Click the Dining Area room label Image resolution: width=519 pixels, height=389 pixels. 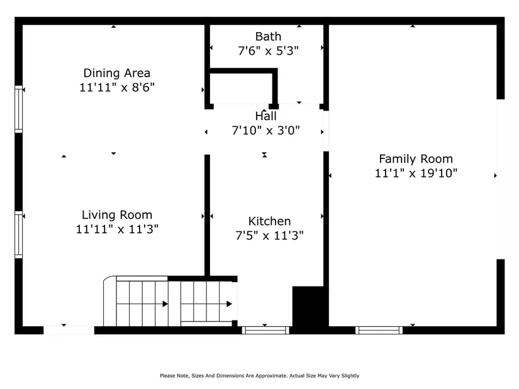[116, 73]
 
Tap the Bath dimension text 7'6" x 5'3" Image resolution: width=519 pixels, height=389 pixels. [268, 51]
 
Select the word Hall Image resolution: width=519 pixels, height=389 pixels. [265, 116]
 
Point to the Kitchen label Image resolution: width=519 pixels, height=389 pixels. [269, 221]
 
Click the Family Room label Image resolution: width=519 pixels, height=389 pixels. [416, 159]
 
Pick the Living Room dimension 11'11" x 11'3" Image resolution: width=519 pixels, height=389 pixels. [117, 229]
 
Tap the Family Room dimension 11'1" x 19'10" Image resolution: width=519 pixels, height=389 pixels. [416, 173]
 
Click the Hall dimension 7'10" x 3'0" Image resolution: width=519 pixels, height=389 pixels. [265, 130]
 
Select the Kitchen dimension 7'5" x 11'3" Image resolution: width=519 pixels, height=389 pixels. [269, 236]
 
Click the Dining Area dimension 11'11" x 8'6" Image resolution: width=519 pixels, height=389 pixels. [117, 87]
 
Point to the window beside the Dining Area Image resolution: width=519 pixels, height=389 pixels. [18, 109]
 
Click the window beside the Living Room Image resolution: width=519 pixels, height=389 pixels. [18, 234]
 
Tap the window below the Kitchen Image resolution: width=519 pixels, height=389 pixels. [265, 330]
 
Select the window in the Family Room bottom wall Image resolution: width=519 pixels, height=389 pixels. [379, 330]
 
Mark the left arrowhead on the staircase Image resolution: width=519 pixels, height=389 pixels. [165, 304]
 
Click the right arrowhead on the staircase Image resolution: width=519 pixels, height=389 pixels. [229, 304]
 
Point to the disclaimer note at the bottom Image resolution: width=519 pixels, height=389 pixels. [259, 376]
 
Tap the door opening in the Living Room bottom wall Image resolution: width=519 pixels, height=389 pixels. [69, 330]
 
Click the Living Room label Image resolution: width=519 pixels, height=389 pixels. [117, 215]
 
